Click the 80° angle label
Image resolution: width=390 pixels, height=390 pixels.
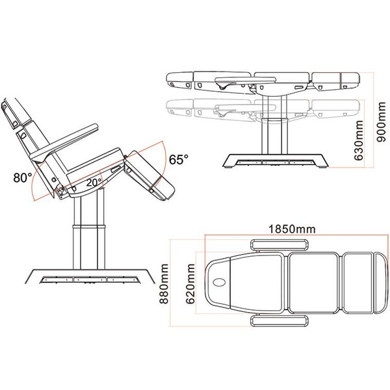pyautogui.click(x=21, y=177)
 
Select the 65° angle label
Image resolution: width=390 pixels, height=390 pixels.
pyautogui.click(x=179, y=159)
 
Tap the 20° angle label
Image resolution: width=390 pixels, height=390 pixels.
pyautogui.click(x=94, y=183)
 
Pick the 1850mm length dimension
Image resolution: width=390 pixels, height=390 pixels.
pyautogui.click(x=287, y=229)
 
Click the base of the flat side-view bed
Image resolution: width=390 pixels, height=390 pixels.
pyautogui.click(x=274, y=159)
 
